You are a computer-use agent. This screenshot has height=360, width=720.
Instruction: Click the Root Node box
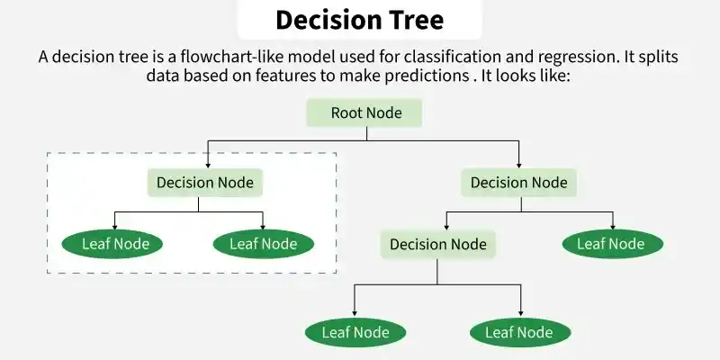(365, 113)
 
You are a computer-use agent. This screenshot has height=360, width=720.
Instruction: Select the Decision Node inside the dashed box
(205, 183)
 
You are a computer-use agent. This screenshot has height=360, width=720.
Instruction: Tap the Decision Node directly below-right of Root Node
(519, 183)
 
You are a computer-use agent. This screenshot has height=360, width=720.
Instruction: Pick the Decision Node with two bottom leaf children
(437, 244)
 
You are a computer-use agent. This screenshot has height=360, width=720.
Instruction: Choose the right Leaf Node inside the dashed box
(263, 243)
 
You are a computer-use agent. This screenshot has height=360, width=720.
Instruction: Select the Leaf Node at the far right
(612, 243)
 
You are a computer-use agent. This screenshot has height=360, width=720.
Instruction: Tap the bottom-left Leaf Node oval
(355, 332)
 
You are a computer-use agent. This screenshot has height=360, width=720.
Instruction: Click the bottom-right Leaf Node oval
(519, 332)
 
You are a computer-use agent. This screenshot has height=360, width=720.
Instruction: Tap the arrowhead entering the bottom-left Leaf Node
(355, 314)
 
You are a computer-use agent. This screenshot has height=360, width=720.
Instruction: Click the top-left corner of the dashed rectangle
(48, 152)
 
